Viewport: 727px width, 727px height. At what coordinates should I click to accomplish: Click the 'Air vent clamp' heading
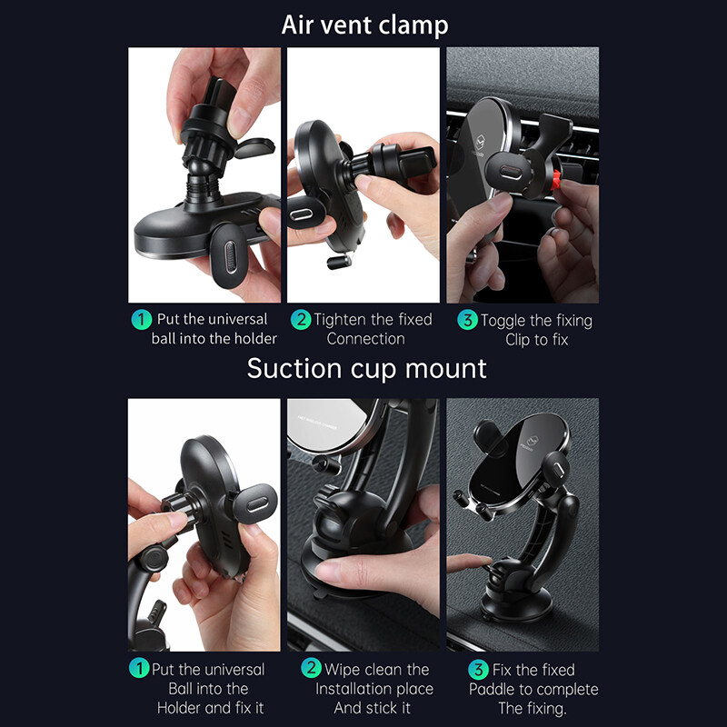(365, 25)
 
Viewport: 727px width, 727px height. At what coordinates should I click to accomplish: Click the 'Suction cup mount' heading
(367, 369)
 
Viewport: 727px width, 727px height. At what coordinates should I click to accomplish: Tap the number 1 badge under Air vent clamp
(142, 320)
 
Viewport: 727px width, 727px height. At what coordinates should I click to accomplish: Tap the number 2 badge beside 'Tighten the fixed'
(301, 320)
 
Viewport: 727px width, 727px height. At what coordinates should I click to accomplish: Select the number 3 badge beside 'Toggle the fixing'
(467, 320)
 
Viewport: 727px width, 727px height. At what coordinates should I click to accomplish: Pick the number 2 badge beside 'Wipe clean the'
(311, 668)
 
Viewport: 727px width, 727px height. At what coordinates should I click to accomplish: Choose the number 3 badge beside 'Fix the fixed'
(479, 670)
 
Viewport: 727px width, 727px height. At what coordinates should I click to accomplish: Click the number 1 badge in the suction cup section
(139, 668)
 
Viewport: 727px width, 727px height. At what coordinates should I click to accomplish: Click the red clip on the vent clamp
(556, 180)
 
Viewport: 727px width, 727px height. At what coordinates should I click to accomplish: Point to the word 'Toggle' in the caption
(503, 321)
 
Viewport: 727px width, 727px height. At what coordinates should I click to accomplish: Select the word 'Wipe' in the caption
(341, 670)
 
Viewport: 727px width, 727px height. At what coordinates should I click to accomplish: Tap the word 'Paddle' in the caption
(493, 690)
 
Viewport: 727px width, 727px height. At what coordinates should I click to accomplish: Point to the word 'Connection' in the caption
(366, 339)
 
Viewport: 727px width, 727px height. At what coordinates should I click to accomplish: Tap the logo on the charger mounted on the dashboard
(532, 442)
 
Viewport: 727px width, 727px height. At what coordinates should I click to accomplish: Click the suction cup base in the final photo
(517, 602)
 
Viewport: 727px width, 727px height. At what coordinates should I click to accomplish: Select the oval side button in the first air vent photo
(230, 256)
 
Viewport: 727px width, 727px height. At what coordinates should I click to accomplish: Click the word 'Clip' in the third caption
(518, 340)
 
